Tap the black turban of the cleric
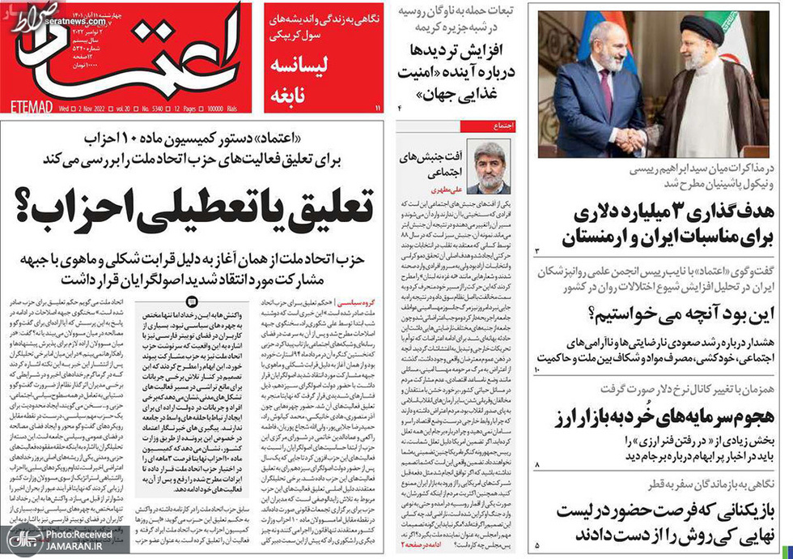[702, 30]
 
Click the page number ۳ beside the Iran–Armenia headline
[536, 251]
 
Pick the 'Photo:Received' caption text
[78, 535]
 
